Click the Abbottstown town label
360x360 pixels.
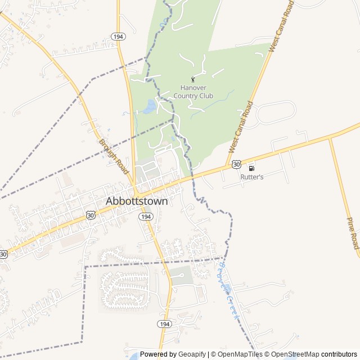click(x=137, y=201)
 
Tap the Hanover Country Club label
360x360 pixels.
click(x=193, y=92)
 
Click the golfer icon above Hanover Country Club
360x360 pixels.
click(x=193, y=79)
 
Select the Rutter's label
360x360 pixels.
click(x=252, y=177)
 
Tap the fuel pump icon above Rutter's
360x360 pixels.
click(x=251, y=168)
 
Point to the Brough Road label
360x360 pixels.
click(x=114, y=152)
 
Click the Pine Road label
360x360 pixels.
click(x=353, y=233)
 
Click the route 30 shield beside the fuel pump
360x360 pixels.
click(x=236, y=164)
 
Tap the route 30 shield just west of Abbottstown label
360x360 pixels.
click(x=91, y=215)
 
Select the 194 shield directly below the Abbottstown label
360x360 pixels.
click(x=146, y=217)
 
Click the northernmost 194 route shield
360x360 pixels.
click(x=118, y=36)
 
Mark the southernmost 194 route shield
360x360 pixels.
click(x=164, y=324)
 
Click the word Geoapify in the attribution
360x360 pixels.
click(x=192, y=354)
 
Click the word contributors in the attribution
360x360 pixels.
click(x=339, y=354)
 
